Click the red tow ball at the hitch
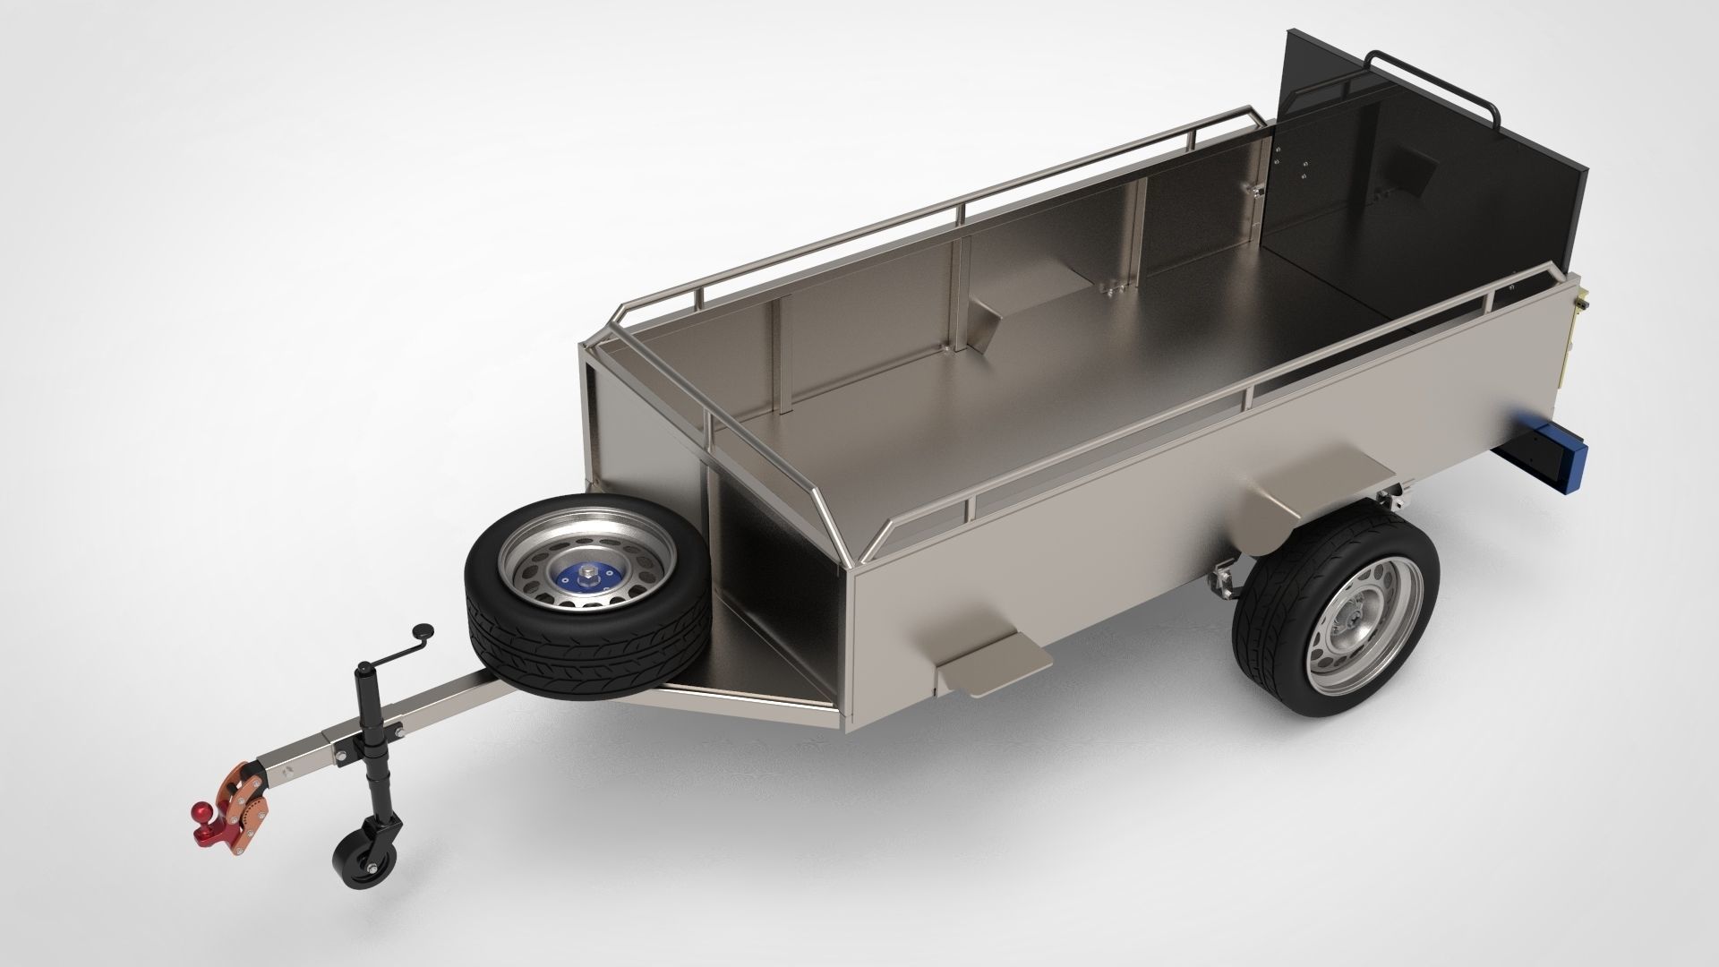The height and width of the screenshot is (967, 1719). tap(199, 838)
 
